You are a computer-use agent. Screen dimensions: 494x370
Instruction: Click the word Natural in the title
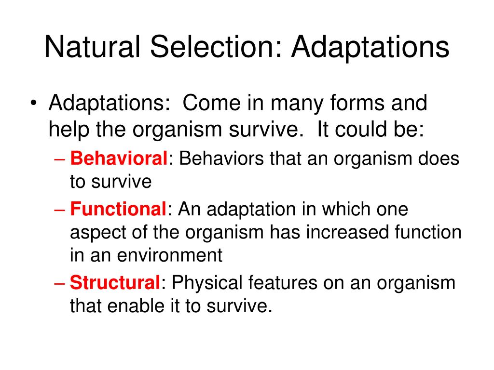(92, 47)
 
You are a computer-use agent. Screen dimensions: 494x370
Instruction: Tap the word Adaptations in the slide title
(370, 47)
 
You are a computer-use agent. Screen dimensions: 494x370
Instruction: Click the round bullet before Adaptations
(34, 103)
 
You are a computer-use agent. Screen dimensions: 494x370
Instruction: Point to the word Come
(211, 103)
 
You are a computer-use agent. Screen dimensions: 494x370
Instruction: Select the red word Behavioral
(119, 158)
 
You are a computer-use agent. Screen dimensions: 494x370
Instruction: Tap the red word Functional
(118, 209)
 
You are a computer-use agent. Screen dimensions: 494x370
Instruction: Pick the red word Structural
(115, 282)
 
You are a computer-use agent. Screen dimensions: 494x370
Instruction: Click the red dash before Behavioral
(59, 159)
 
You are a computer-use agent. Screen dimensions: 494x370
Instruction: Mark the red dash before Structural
(59, 284)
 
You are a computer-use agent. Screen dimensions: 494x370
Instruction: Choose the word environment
(170, 255)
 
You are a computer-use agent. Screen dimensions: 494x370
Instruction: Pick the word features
(283, 282)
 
